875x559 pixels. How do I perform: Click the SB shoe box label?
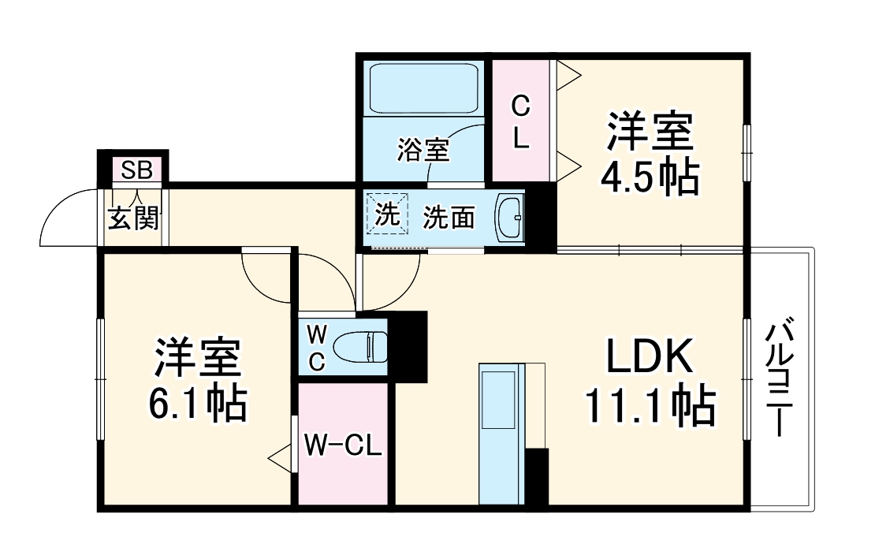136,169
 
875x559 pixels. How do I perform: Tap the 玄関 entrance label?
132,218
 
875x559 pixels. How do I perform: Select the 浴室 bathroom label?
423,149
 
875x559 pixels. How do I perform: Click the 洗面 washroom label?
449,218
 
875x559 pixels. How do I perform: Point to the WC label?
315,348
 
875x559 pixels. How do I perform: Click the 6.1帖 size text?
197,404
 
